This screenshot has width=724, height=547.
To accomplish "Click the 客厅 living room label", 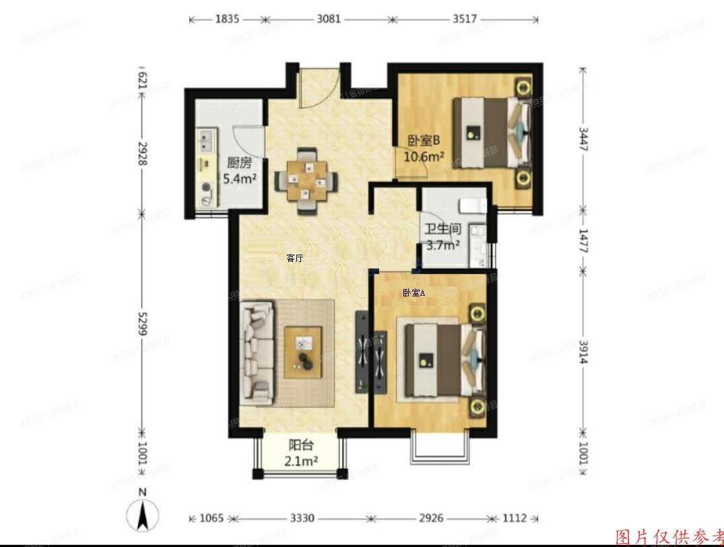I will pos(294,258).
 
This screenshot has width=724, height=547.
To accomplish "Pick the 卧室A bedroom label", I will pos(414,292).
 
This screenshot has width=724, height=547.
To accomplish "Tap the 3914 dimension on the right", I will pos(583,352).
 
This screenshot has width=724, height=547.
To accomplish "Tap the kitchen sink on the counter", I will pos(205,141).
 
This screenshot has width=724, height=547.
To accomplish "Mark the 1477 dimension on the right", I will pos(583,240).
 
